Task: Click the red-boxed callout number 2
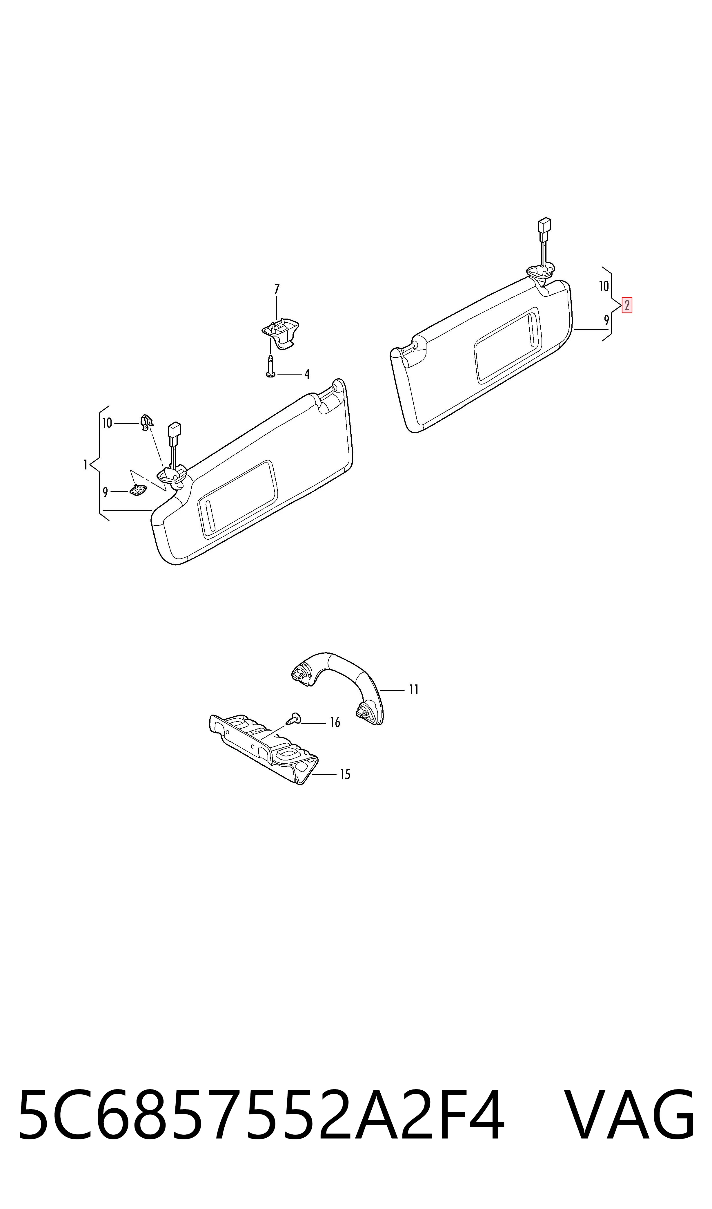(626, 306)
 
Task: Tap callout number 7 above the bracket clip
(276, 290)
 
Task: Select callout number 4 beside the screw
(307, 375)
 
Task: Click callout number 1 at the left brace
(86, 465)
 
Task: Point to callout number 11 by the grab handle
(414, 690)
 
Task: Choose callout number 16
(335, 723)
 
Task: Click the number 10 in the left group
(106, 423)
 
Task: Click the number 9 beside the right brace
(606, 320)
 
